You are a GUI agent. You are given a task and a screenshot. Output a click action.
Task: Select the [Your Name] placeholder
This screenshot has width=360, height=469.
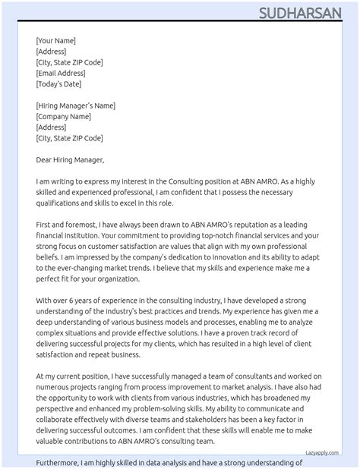[55, 40]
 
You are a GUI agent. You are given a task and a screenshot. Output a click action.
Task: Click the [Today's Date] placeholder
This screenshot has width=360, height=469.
[58, 83]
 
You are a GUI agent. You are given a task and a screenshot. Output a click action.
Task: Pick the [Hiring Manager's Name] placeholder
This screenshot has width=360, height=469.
[75, 105]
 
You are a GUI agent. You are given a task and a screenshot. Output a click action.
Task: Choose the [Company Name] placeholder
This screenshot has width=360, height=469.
[65, 116]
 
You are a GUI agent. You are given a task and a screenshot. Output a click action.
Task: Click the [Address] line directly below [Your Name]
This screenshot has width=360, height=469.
[51, 51]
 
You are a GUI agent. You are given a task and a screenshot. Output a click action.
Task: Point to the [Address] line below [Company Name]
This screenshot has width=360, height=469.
[51, 127]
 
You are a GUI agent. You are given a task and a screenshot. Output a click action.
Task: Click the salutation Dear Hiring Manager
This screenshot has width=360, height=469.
[69, 160]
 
